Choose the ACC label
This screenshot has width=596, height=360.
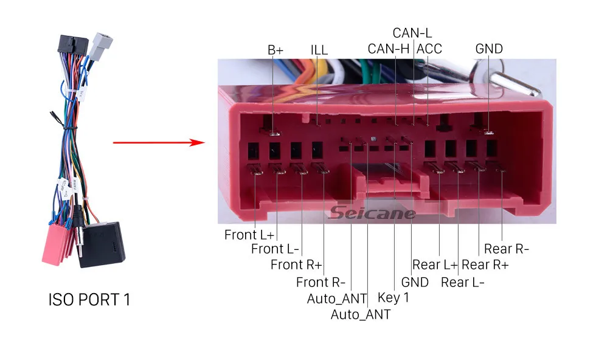[x=429, y=49]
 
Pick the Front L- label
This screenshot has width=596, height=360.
[x=275, y=249]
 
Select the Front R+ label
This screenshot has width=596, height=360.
[x=296, y=265]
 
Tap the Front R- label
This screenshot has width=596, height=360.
[x=321, y=282]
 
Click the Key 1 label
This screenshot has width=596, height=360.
[x=393, y=298]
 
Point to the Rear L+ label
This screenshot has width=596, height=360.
[x=435, y=265]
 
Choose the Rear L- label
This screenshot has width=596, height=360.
[x=463, y=282]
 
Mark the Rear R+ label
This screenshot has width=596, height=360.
[x=485, y=265]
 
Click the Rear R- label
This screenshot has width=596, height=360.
[x=506, y=249]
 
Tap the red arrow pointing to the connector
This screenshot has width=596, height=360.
[x=158, y=143]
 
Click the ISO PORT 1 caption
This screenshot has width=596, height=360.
[x=89, y=300]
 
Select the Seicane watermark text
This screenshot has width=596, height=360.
[x=373, y=213]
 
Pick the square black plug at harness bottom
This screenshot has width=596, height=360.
[x=102, y=244]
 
